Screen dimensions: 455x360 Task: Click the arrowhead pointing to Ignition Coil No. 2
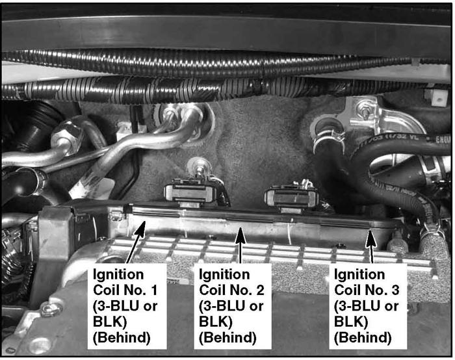coord(240,235)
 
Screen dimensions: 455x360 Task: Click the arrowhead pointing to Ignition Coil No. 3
coord(370,238)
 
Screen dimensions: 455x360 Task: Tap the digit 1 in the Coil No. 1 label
coord(154,290)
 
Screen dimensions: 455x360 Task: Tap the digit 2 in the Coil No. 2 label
coord(260,290)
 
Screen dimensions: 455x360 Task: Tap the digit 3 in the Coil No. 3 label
coord(395,290)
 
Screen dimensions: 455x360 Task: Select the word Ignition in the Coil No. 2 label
coord(224,275)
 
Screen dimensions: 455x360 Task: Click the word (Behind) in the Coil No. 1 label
coord(122,338)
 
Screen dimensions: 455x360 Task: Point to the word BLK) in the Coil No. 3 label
coord(351,322)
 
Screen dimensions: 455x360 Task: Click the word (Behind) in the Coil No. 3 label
coord(363,338)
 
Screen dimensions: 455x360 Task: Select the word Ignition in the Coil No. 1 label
coord(118,275)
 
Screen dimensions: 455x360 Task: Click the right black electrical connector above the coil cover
coord(291,198)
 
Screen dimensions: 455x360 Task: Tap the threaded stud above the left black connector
coord(198,167)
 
